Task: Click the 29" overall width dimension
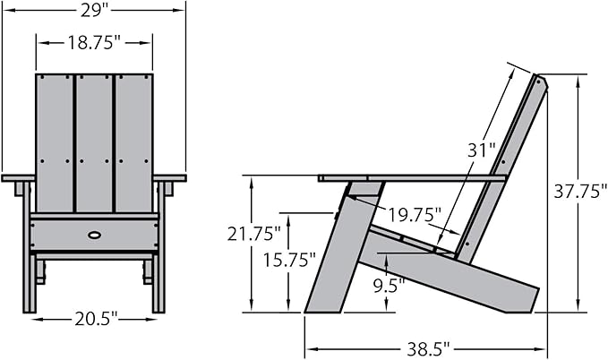[x=94, y=10]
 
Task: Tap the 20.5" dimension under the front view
[x=95, y=319]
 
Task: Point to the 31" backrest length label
[x=482, y=150]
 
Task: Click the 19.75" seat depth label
[x=415, y=215]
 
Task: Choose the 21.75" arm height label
[x=253, y=234]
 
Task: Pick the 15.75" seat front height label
[x=289, y=260]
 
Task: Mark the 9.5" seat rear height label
[x=389, y=286]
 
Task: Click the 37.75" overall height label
[x=580, y=192]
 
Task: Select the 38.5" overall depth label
[x=428, y=349]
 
